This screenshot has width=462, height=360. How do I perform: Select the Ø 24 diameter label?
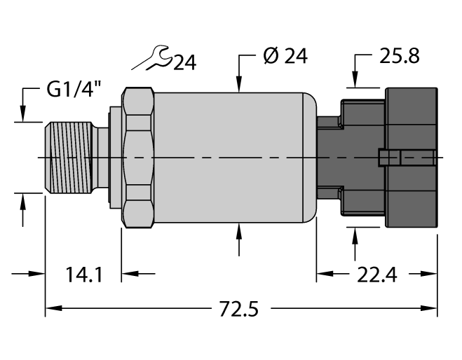[285, 57]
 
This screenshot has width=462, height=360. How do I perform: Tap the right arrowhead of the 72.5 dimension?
[431, 307]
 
